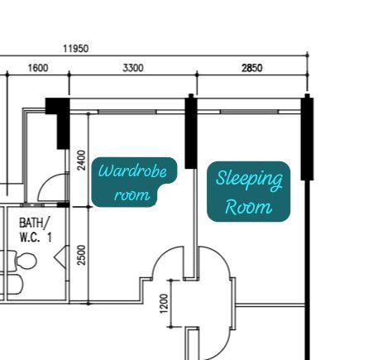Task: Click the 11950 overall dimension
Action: click(x=76, y=49)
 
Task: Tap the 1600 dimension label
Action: click(x=38, y=68)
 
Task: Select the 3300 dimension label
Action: click(x=133, y=68)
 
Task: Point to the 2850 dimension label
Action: click(x=252, y=68)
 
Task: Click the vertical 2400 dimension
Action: click(x=82, y=160)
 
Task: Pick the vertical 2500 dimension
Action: click(x=82, y=255)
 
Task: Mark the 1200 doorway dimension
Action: click(x=164, y=304)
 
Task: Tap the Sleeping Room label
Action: click(x=249, y=191)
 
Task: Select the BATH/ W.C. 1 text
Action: click(x=36, y=230)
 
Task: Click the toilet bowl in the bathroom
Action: click(x=26, y=261)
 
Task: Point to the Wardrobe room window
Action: click(x=127, y=112)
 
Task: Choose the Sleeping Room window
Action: click(x=249, y=112)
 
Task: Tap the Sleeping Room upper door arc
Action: click(x=221, y=256)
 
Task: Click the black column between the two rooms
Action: click(x=191, y=132)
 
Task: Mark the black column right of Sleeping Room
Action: click(x=307, y=137)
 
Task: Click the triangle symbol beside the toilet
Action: click(x=60, y=257)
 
